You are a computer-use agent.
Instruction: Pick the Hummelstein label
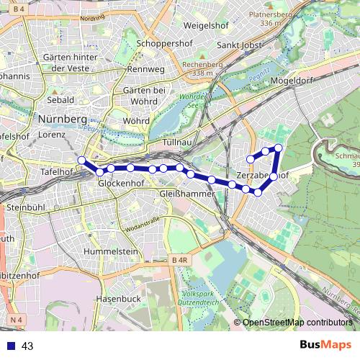[x=110, y=251]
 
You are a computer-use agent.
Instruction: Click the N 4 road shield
[x=17, y=318]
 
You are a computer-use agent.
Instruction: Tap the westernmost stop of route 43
[x=81, y=160]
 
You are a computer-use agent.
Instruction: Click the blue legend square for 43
[x=12, y=346]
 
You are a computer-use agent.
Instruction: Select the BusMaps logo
[x=325, y=345]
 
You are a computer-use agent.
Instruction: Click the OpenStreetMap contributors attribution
[x=297, y=323]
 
